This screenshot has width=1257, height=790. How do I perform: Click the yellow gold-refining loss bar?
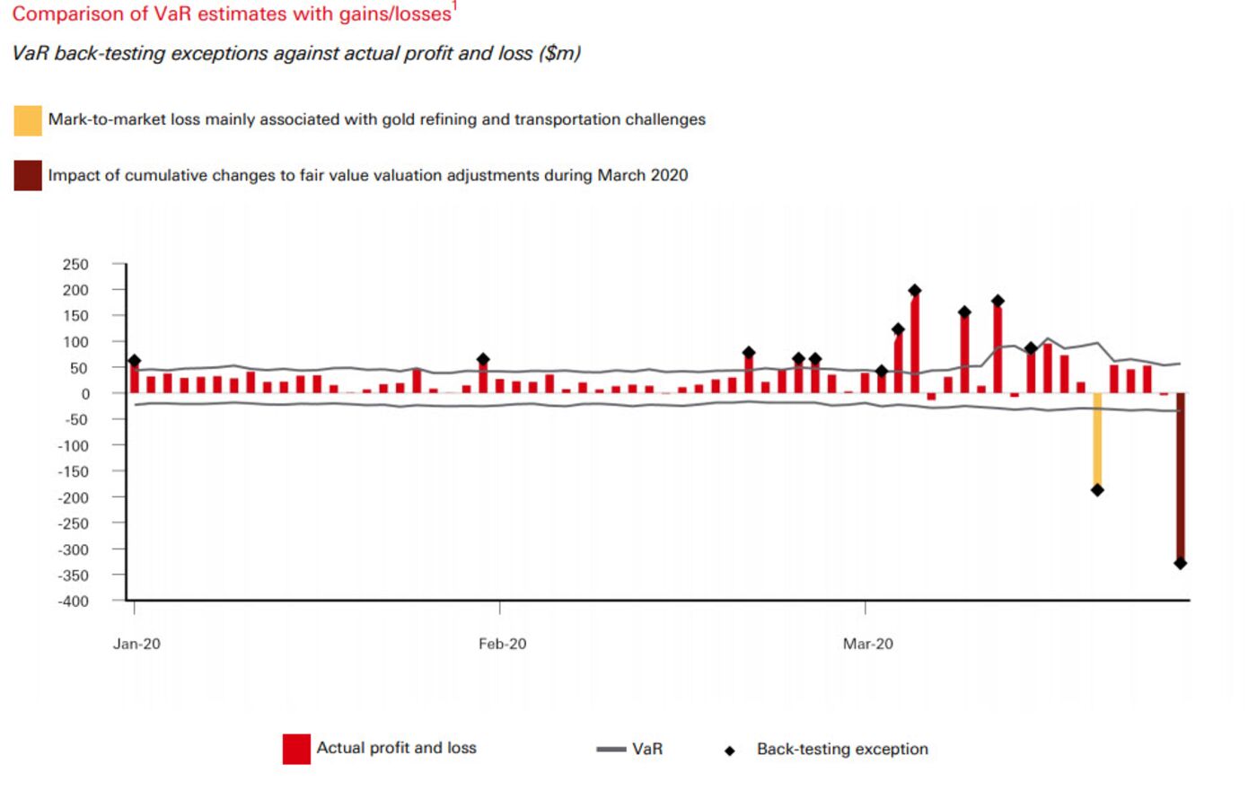click(x=1097, y=441)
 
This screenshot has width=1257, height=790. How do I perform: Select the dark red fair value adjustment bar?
click(x=1180, y=477)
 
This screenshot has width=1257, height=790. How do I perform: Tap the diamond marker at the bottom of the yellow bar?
click(x=1097, y=490)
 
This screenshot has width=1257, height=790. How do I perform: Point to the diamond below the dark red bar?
click(x=1180, y=564)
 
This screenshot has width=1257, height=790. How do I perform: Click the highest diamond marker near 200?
click(x=915, y=290)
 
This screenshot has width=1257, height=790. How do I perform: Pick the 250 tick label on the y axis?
click(x=75, y=264)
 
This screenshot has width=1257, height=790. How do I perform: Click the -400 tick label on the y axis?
click(x=73, y=601)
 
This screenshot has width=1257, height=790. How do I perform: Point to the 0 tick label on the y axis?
click(x=85, y=394)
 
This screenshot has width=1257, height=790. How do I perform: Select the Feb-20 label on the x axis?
click(x=502, y=644)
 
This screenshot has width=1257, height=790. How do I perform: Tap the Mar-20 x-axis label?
click(x=867, y=644)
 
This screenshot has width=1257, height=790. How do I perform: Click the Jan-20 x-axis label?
click(x=136, y=644)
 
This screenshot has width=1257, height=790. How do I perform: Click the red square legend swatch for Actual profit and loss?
click(x=296, y=749)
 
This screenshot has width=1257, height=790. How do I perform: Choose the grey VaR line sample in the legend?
click(x=611, y=749)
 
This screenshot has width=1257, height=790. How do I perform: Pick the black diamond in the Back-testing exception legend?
click(x=729, y=750)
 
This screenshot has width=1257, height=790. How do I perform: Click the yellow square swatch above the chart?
click(x=28, y=120)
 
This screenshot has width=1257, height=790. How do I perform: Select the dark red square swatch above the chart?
click(x=28, y=176)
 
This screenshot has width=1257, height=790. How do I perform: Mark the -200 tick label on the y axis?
click(x=73, y=497)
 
